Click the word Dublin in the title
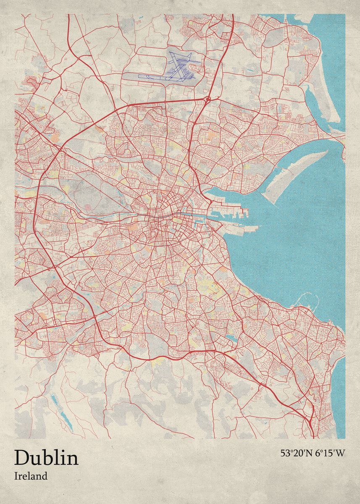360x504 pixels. [46, 458]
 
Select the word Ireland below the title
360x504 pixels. [31, 476]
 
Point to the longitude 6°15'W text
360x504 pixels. [330, 453]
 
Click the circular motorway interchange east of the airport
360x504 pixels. [208, 99]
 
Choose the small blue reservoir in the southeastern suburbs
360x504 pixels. [230, 338]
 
